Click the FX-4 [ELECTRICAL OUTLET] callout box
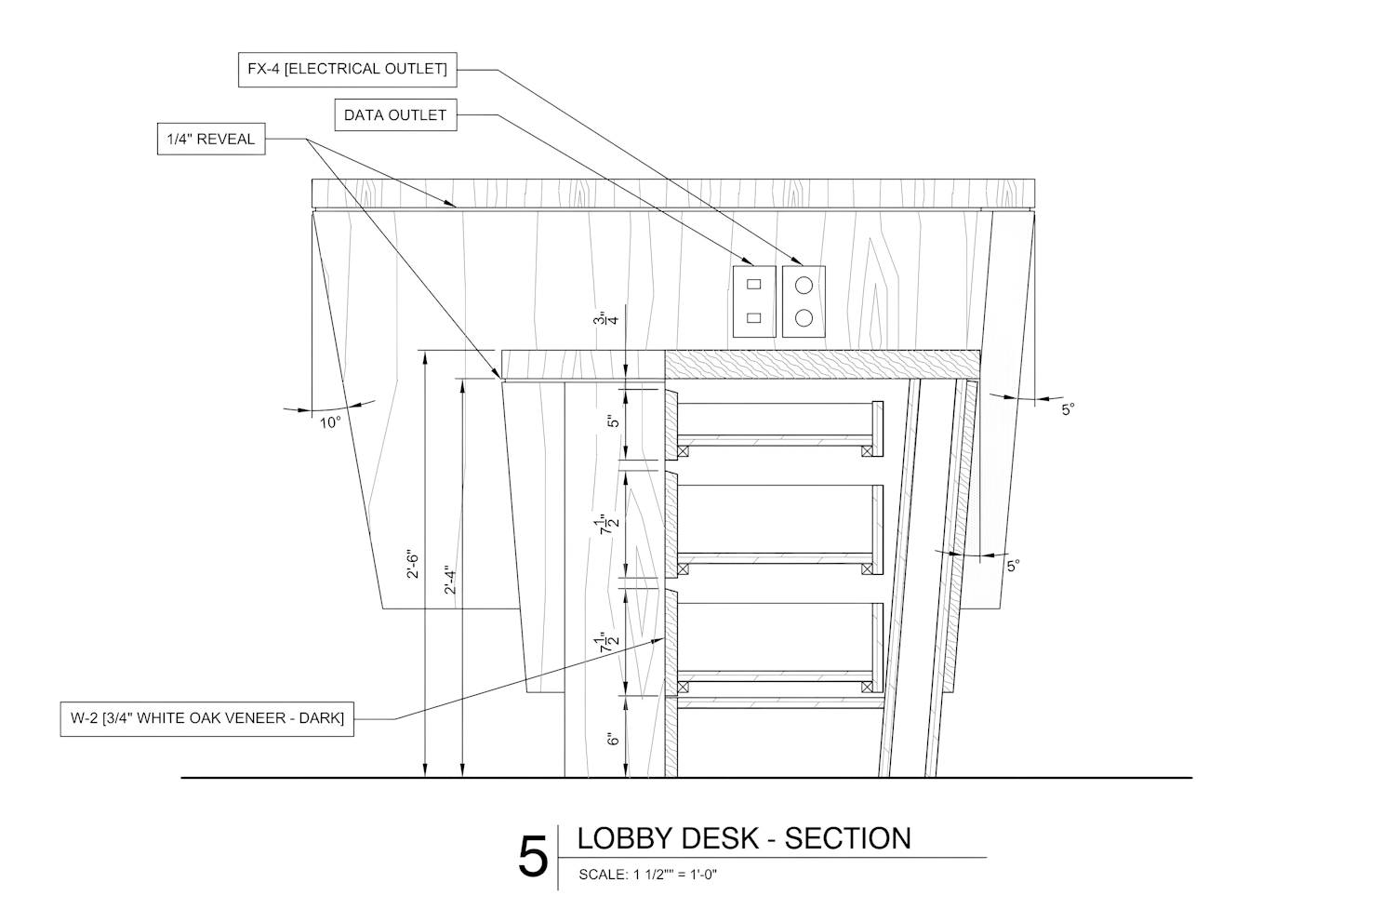click(347, 70)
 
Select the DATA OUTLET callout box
click(395, 115)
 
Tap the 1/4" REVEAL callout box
click(210, 140)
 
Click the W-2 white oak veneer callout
click(207, 718)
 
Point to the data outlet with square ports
click(754, 301)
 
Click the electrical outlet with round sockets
click(804, 301)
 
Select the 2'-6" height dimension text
click(414, 568)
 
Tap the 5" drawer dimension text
click(613, 421)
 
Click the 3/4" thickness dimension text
click(611, 320)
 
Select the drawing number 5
click(533, 857)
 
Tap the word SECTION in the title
click(848, 838)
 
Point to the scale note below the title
click(648, 875)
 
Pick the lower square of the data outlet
click(754, 318)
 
